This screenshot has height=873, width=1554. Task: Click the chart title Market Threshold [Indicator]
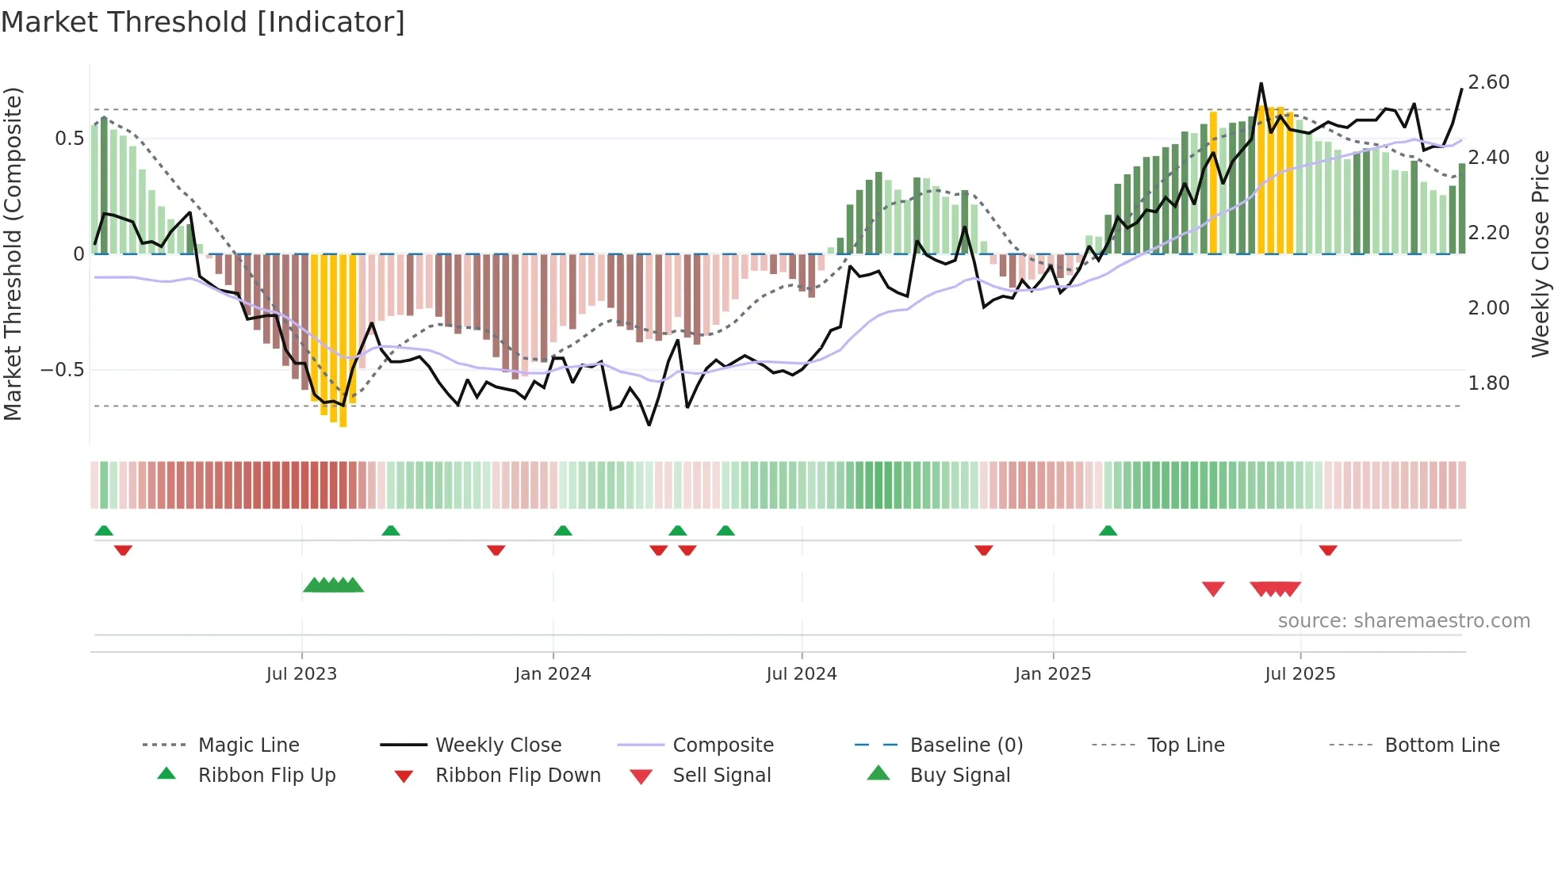click(203, 22)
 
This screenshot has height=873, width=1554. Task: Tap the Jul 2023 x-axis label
click(301, 674)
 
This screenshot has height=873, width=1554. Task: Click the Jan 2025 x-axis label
click(1053, 674)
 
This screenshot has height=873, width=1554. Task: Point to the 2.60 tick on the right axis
click(1488, 82)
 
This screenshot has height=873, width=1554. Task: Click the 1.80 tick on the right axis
click(1488, 383)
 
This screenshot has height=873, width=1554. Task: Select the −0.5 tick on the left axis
click(62, 370)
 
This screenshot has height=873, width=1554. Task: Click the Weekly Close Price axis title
click(1539, 254)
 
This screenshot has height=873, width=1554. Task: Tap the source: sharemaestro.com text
click(1403, 621)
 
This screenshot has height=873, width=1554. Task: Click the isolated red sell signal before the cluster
click(1213, 589)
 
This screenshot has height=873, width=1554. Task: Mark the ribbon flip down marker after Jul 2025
click(1328, 550)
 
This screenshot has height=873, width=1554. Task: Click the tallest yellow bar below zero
click(343, 341)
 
